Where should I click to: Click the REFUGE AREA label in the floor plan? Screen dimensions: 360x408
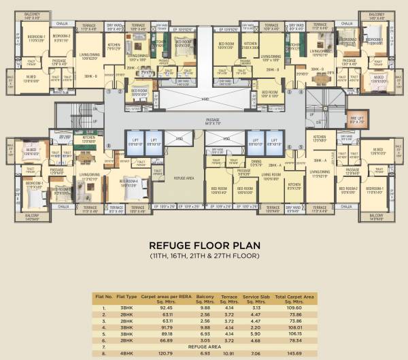click(x=184, y=177)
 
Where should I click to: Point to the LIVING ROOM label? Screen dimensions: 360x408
click(x=271, y=177)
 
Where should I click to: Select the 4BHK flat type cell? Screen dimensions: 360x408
click(x=126, y=353)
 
